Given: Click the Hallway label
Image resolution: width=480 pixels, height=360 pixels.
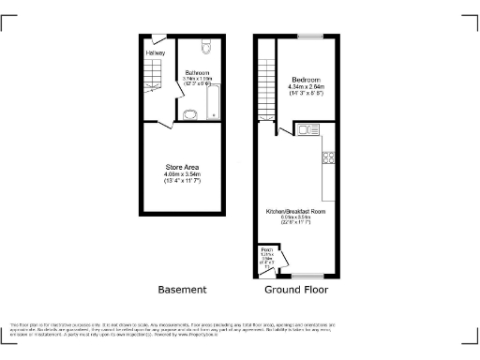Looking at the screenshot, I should tap(155, 52).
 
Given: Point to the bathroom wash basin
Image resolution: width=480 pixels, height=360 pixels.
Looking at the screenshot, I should tap(190, 113).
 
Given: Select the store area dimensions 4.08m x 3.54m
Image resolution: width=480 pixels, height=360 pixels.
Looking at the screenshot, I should tap(183, 174).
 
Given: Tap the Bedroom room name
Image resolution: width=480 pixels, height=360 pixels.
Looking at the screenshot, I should tap(306, 79).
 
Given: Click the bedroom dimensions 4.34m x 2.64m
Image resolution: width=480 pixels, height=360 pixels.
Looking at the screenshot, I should tap(306, 87).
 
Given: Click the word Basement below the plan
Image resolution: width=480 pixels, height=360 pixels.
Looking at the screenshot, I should tap(182, 290).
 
